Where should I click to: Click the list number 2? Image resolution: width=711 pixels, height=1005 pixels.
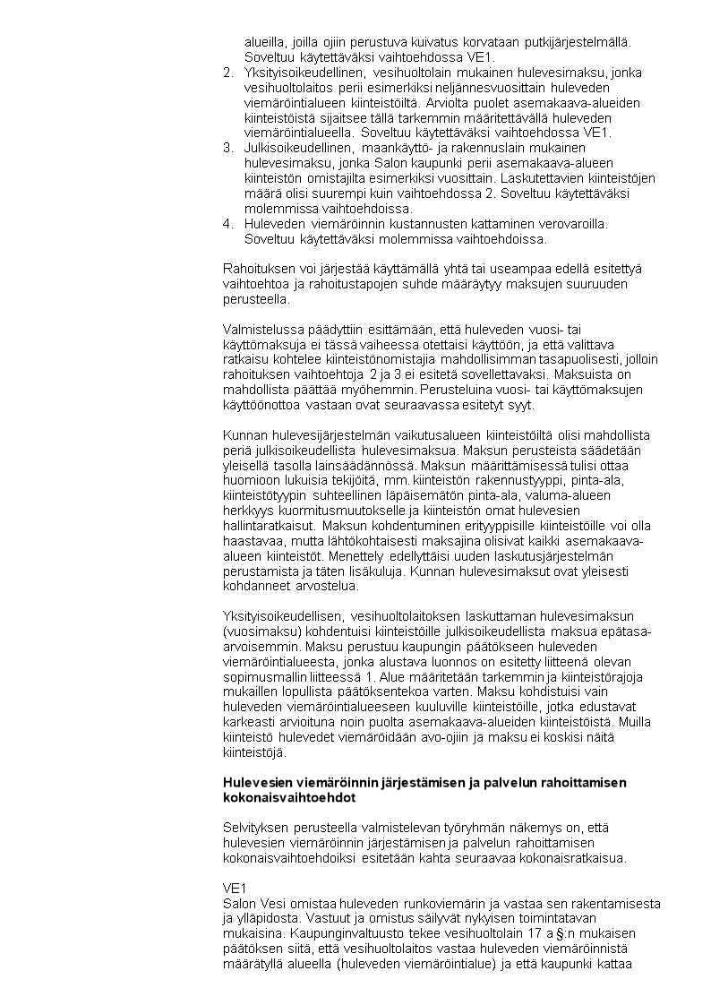227,73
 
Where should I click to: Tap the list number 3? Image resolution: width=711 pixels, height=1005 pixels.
227,148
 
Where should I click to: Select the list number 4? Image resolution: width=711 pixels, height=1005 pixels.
227,224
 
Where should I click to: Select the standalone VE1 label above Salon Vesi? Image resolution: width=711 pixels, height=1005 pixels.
232,889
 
